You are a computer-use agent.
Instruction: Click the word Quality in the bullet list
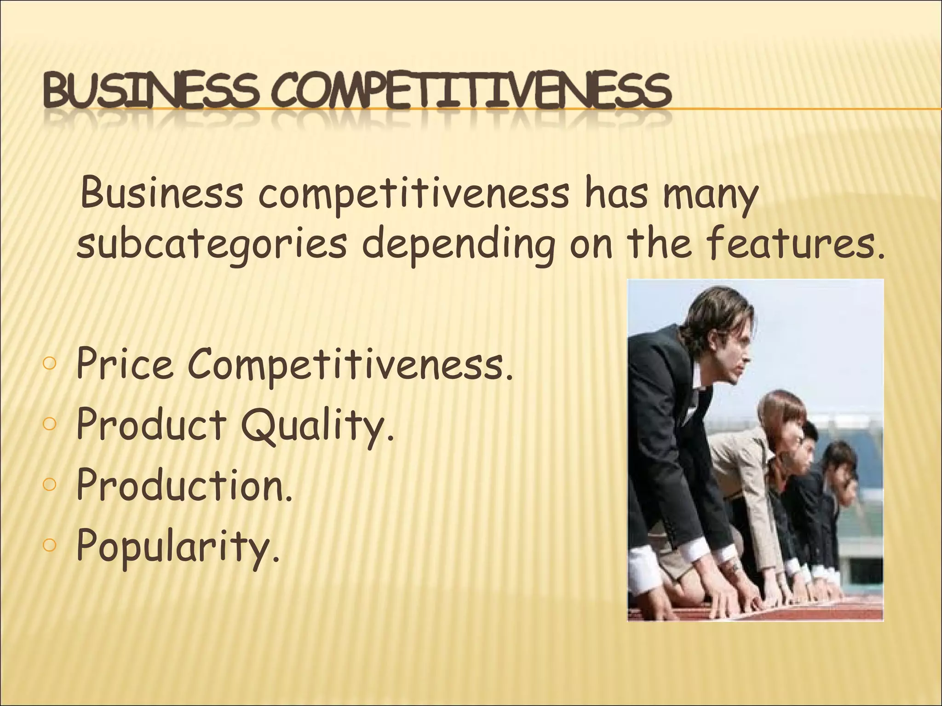pyautogui.click(x=317, y=426)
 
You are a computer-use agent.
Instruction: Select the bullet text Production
pyautogui.click(x=184, y=485)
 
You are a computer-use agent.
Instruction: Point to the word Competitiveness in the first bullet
pyautogui.click(x=350, y=365)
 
